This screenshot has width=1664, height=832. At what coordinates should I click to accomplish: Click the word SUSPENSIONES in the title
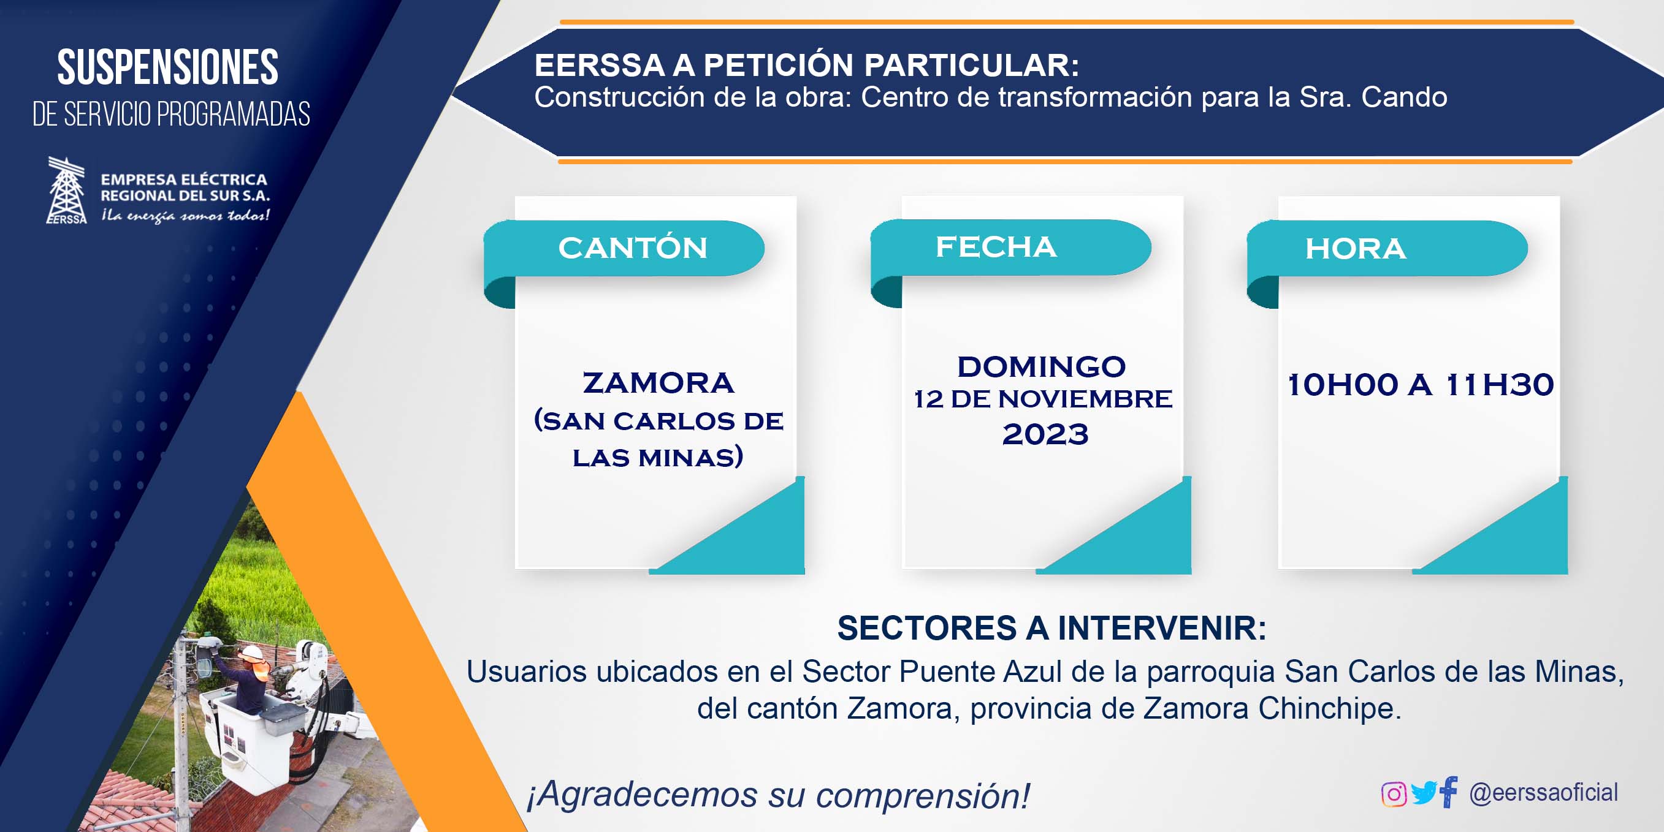[x=168, y=67]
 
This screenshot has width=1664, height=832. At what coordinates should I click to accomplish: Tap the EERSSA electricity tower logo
[x=67, y=191]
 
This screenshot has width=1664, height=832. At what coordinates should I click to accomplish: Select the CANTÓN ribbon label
[x=633, y=249]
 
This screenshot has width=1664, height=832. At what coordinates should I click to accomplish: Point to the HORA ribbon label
[x=1355, y=249]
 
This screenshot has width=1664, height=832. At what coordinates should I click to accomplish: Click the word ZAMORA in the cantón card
[x=658, y=383]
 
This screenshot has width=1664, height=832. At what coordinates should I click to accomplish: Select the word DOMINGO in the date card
[x=1041, y=366]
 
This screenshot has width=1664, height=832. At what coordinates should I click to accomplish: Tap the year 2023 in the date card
[x=1045, y=434]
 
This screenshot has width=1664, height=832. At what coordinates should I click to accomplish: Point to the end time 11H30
[x=1500, y=385]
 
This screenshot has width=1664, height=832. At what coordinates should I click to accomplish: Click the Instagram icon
[x=1394, y=794]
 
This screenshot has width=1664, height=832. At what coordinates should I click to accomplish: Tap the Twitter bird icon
[x=1424, y=793]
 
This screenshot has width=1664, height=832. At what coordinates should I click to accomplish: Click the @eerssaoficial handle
[x=1543, y=793]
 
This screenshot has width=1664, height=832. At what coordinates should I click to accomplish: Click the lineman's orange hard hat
[x=253, y=652]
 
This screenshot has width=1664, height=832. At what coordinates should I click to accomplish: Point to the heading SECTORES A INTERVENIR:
[x=1051, y=629]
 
